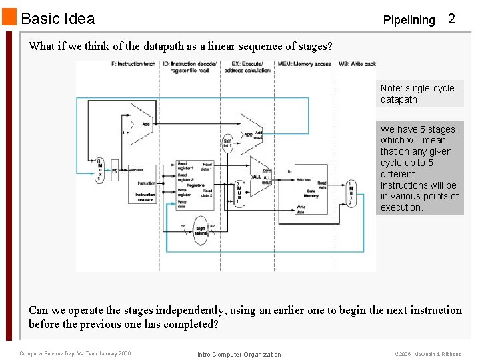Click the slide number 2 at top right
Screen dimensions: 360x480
pyautogui.click(x=451, y=19)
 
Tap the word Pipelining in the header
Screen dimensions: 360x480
pyautogui.click(x=409, y=20)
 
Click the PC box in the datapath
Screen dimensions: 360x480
pyautogui.click(x=115, y=170)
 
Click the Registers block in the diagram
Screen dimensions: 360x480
pyautogui.click(x=195, y=185)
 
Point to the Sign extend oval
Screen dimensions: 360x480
pyautogui.click(x=199, y=229)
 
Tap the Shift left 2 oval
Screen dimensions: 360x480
pyautogui.click(x=228, y=143)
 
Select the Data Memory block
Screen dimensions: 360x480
pyautogui.click(x=310, y=188)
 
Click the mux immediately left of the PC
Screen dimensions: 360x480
pyautogui.click(x=99, y=170)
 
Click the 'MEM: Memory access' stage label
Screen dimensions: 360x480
pyautogui.click(x=305, y=64)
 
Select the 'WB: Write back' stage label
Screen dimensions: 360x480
pyautogui.click(x=357, y=64)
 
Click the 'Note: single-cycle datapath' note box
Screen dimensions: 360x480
pyautogui.click(x=419, y=94)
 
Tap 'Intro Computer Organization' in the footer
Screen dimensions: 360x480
pyautogui.click(x=239, y=354)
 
